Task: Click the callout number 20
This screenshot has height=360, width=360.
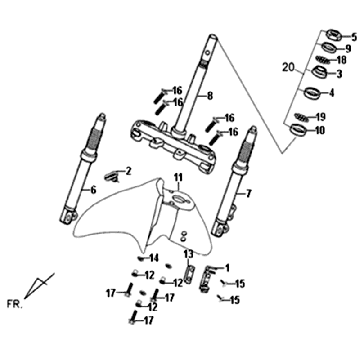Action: pos(288,67)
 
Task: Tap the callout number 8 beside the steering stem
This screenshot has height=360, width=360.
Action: pos(210,96)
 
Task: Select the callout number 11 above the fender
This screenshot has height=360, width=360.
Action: pos(179,177)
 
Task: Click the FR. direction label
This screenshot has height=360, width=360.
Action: pos(15,303)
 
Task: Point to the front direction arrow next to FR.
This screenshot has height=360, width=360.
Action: pos(39,286)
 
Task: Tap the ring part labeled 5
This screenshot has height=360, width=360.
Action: pos(333,35)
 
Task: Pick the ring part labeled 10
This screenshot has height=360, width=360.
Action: pos(298,129)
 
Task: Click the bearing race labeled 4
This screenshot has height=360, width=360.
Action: pos(312,92)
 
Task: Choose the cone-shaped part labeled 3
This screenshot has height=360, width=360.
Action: pos(319,71)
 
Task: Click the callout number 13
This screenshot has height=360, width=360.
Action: pos(188,254)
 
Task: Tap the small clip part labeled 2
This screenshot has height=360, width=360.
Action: pos(110,176)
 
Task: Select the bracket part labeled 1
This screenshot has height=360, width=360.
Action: pos(206,277)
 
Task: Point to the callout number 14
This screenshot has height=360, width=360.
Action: pos(154,258)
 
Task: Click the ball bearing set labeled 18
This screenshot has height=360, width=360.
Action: pos(323,60)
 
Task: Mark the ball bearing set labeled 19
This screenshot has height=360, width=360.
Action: pos(302,117)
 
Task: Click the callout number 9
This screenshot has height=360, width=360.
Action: pos(348,49)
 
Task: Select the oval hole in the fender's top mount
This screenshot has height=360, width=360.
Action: pos(180,199)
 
